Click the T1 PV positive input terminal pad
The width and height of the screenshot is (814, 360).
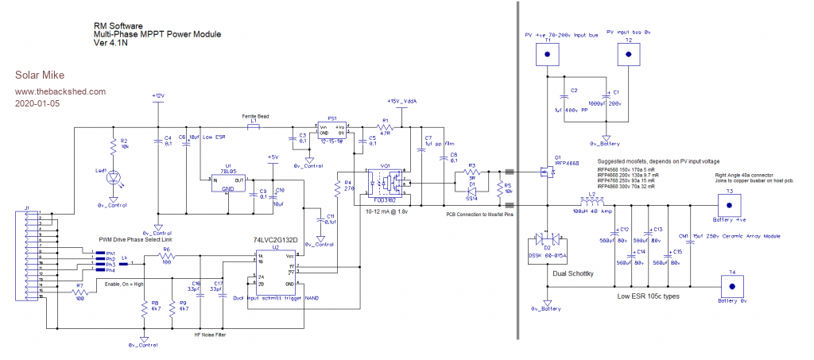click(x=547, y=55)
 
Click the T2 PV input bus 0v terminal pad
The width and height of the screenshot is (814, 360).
click(x=629, y=54)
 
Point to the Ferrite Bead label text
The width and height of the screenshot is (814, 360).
click(x=255, y=117)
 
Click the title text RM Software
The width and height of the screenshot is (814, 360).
click(x=118, y=25)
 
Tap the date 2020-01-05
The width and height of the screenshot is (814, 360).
click(x=37, y=103)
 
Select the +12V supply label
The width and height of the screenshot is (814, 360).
click(x=157, y=95)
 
